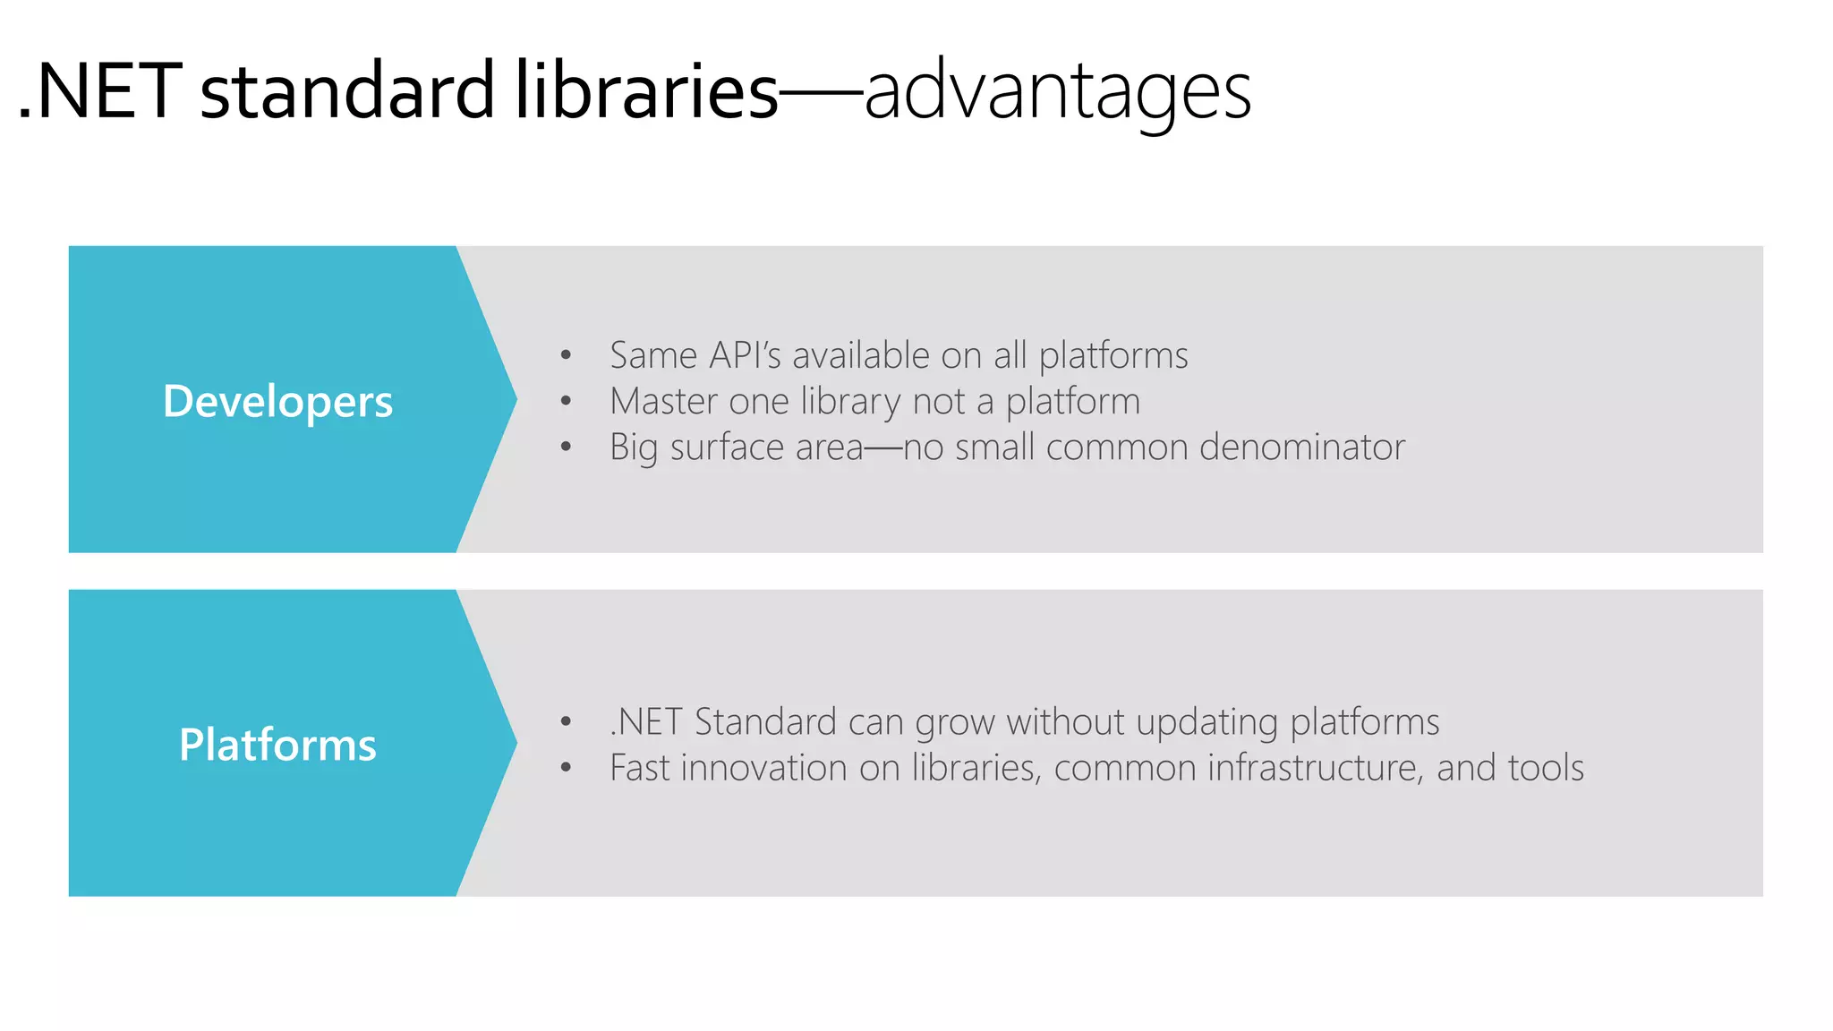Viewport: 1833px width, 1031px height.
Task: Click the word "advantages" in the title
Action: point(1057,91)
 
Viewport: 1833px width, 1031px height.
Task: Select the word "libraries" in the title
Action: point(646,91)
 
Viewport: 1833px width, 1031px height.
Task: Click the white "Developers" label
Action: point(277,401)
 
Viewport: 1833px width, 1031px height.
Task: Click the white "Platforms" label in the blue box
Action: point(277,745)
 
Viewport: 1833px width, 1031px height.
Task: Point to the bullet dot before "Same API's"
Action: point(566,355)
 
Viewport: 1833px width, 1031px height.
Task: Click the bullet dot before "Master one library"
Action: point(566,401)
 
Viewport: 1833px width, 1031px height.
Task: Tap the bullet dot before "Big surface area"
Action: point(566,447)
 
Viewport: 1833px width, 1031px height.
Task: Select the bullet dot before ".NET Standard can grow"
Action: point(566,721)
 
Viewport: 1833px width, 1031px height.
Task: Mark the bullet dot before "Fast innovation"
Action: point(566,767)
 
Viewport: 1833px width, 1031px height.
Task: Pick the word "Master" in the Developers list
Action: point(663,401)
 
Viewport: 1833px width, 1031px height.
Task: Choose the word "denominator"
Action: point(1302,447)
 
